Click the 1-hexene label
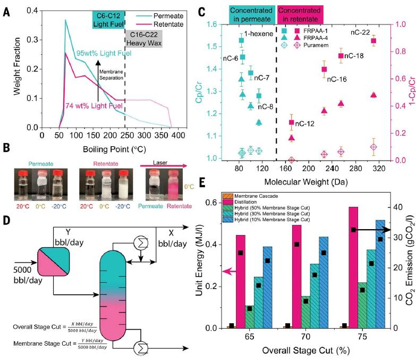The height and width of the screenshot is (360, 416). click(x=267, y=34)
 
